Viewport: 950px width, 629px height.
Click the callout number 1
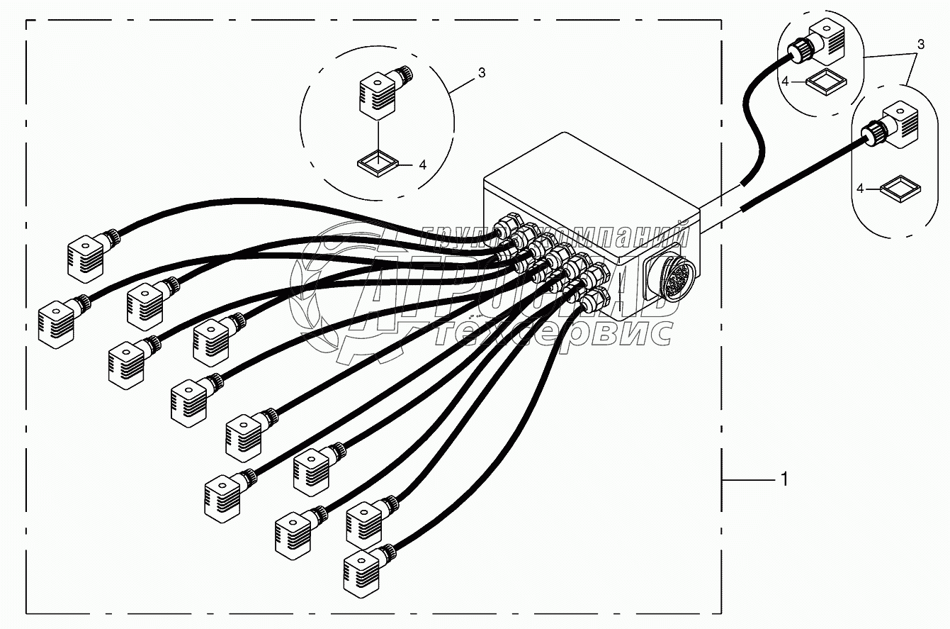pyautogui.click(x=784, y=480)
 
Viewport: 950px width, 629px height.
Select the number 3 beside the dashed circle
pyautogui.click(x=481, y=72)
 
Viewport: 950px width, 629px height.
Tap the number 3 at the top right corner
pyautogui.click(x=920, y=44)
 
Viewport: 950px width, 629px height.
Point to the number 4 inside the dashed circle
pyautogui.click(x=422, y=165)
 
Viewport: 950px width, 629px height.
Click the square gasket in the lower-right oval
pyautogui.click(x=900, y=189)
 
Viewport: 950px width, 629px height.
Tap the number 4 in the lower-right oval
pyautogui.click(x=860, y=189)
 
